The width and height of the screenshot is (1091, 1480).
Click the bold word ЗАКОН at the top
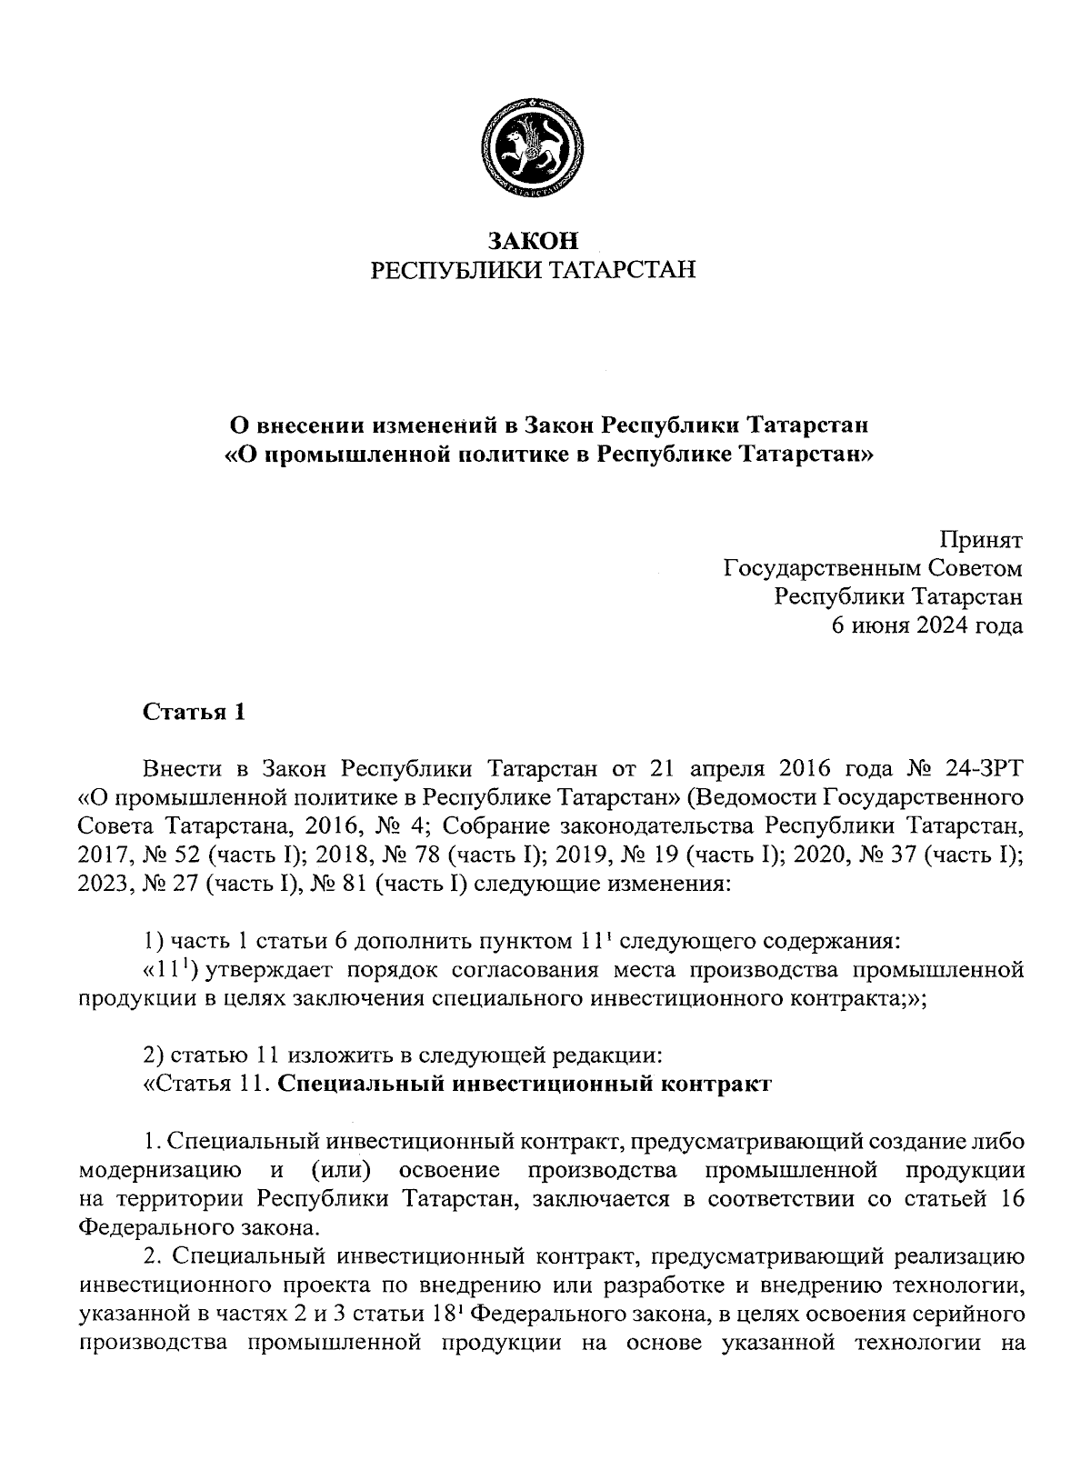[534, 241]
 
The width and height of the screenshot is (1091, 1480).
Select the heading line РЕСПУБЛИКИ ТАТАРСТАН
[534, 270]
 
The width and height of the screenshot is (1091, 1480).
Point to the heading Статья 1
[195, 712]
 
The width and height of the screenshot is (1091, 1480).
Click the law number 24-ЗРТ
[985, 769]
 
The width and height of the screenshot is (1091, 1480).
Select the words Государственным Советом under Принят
[873, 569]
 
